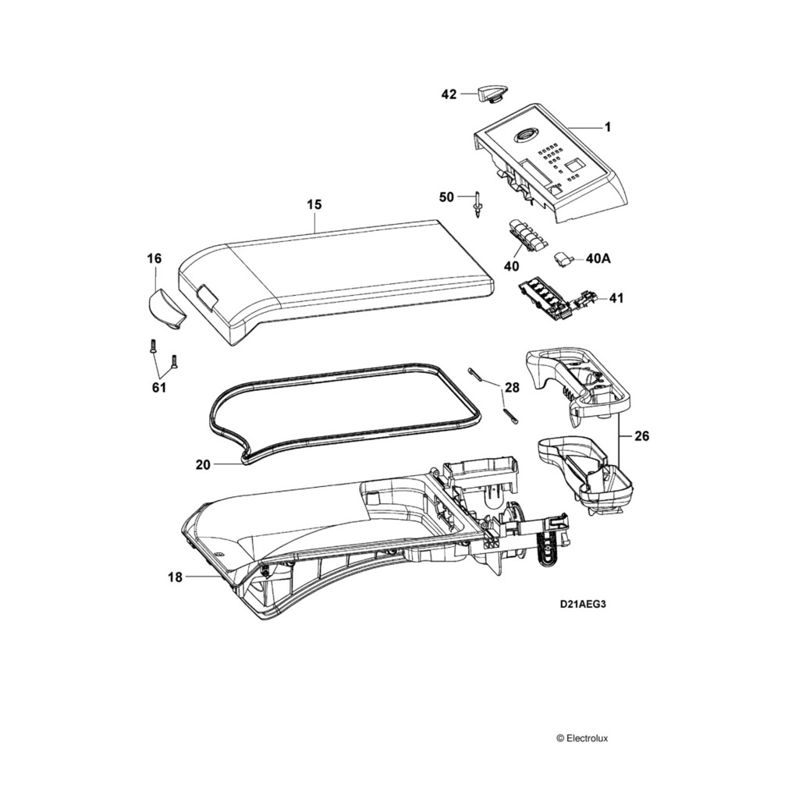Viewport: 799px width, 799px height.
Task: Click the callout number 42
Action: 449,94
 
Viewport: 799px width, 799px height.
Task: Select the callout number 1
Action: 608,126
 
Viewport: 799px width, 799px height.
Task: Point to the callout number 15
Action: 314,204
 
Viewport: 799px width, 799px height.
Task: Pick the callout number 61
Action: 159,388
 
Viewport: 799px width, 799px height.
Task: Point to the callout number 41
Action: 616,297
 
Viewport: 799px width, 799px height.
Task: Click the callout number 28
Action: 512,388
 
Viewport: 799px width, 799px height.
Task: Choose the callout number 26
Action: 641,437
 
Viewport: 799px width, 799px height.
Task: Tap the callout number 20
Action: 203,464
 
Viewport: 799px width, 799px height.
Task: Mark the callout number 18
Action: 175,577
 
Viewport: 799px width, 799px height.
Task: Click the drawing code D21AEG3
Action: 583,604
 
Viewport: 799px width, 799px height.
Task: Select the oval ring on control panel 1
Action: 522,135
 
